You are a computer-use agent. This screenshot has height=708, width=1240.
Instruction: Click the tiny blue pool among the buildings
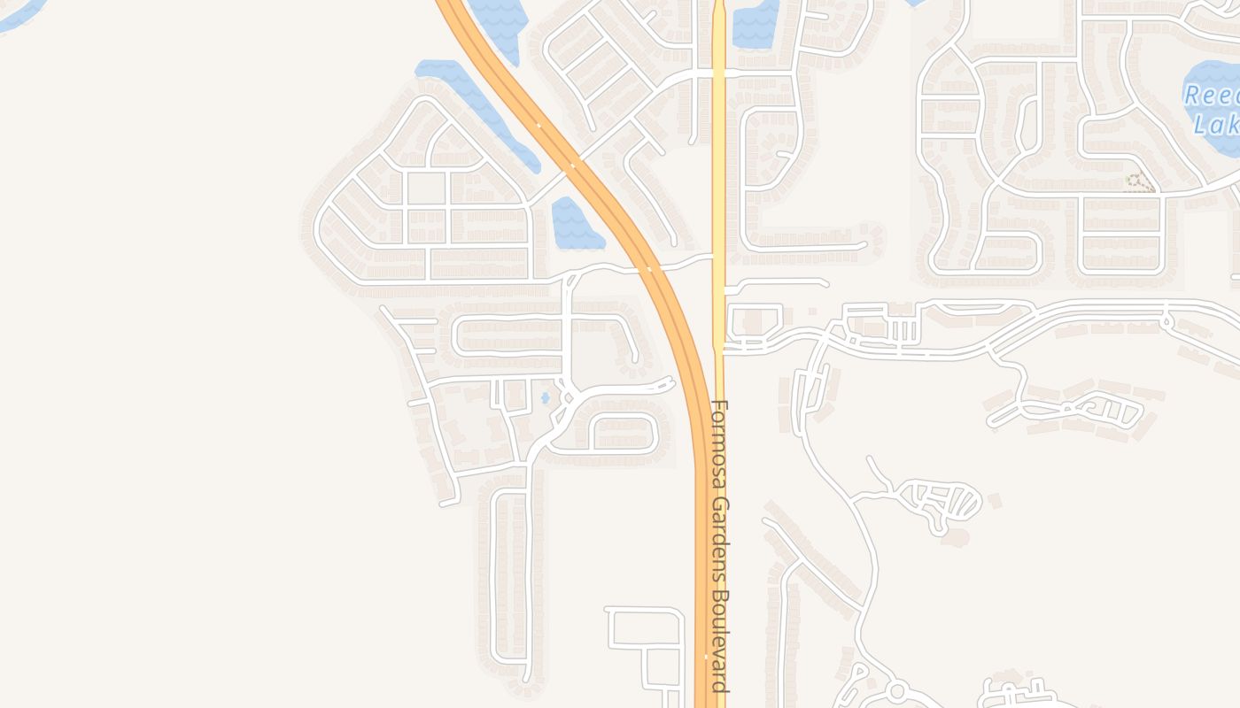pos(545,398)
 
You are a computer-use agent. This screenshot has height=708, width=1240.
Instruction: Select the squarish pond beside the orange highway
pos(574,223)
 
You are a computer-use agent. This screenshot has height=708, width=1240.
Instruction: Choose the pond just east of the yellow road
pos(755,22)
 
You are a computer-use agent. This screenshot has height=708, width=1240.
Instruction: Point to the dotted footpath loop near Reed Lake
pos(1139,182)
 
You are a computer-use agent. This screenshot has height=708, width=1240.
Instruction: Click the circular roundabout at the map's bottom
pos(896,689)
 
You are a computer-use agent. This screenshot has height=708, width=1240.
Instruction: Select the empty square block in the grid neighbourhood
pos(426,189)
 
